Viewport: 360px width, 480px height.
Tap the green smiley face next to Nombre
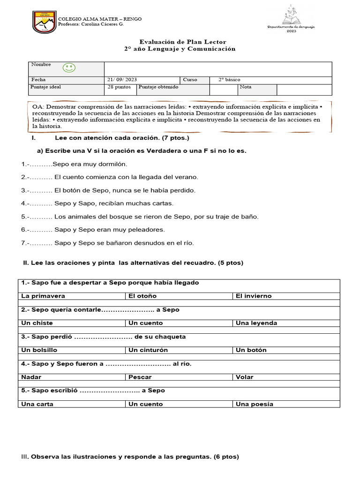69,68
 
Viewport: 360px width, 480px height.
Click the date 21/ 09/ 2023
122,80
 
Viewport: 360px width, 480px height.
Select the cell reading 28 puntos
119,87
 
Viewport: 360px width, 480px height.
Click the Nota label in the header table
246,87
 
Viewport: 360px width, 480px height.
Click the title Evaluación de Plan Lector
180,42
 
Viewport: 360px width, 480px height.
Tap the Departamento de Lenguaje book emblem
297,18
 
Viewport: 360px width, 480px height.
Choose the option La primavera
43,296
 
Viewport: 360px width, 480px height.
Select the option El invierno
254,296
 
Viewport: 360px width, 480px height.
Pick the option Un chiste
37,323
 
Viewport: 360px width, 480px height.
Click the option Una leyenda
256,323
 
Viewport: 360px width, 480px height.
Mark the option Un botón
251,350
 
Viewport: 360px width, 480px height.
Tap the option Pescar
140,377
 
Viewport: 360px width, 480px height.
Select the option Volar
245,377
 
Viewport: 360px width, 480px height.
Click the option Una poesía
255,404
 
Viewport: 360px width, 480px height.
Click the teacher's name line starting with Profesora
90,24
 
